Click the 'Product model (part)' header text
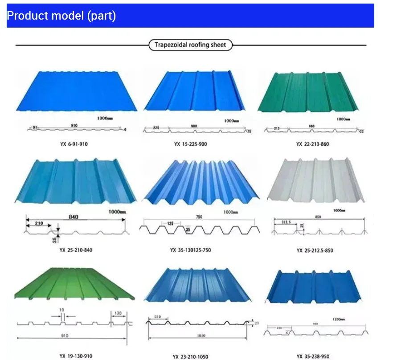61,16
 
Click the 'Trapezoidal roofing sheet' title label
190,45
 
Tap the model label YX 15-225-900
190,144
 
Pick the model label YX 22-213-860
312,144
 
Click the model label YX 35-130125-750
190,250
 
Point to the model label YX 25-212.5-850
315,250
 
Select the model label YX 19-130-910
76,356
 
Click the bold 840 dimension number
74,217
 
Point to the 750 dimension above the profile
199,217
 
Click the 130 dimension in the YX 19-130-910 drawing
118,313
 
